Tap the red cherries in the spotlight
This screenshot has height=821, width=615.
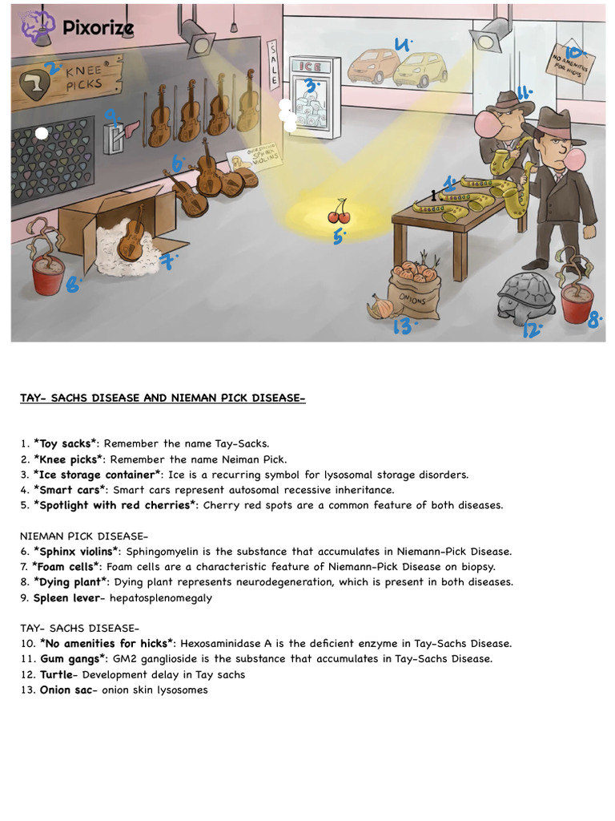click(339, 212)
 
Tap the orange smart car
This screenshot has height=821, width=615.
click(373, 67)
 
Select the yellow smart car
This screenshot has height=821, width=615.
click(420, 70)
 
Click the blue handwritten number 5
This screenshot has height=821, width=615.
click(338, 236)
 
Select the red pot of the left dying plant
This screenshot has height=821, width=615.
click(48, 276)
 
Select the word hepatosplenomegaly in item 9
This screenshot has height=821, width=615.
click(173, 598)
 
